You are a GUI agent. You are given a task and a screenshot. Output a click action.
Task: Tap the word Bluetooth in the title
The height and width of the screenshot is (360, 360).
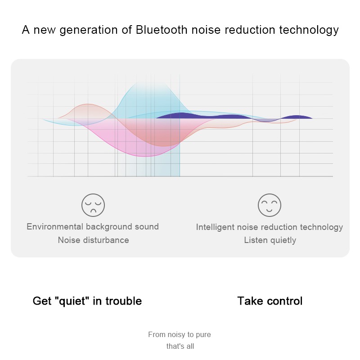coord(162,30)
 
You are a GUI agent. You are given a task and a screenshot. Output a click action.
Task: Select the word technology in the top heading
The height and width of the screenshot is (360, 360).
coord(309,30)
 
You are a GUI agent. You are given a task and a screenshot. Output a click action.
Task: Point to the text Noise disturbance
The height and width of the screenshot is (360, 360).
coord(94,240)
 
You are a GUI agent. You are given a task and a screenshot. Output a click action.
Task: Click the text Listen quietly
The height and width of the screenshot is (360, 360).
coord(270,240)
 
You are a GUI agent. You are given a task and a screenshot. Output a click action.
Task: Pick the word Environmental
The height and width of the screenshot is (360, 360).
coord(55,227)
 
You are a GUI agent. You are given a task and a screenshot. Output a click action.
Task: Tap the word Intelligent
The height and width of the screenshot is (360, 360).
coord(216,227)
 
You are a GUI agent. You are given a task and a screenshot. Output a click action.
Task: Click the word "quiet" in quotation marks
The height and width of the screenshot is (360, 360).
coord(72,301)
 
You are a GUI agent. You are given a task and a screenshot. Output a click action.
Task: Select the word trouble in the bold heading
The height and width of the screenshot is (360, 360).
coord(123,301)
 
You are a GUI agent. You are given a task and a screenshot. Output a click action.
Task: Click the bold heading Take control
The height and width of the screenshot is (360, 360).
coord(270,301)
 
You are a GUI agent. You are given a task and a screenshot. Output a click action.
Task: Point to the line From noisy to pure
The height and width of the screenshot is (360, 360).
coord(180,334)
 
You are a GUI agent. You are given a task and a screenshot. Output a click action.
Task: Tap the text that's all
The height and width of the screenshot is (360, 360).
coord(180,346)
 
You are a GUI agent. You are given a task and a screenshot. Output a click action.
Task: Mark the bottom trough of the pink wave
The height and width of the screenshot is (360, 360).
coord(144,156)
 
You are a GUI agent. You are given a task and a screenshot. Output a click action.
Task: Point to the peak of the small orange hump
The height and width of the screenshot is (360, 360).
coord(88,104)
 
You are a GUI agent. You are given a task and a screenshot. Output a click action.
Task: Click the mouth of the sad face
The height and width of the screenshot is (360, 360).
coord(93,211)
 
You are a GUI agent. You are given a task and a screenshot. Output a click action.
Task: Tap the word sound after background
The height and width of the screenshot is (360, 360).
coord(147,227)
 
